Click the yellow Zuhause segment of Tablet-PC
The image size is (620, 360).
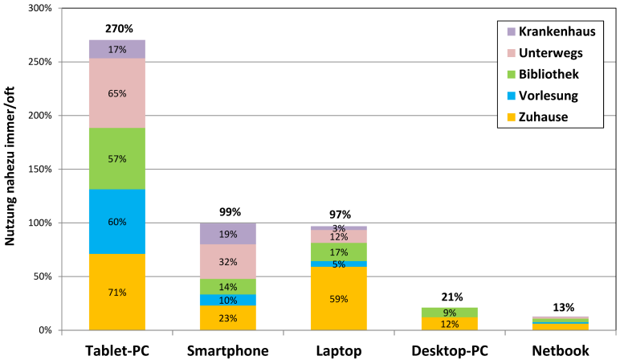pyautogui.click(x=117, y=292)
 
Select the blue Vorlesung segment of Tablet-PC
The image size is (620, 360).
pyautogui.click(x=117, y=222)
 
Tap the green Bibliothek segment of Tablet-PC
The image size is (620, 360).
pyautogui.click(x=117, y=158)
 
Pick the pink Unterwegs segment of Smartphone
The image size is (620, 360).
pyautogui.click(x=227, y=261)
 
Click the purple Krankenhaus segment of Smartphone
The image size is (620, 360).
pyautogui.click(x=227, y=234)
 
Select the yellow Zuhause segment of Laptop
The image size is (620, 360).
pyautogui.click(x=338, y=298)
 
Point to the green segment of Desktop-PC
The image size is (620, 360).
pyautogui.click(x=449, y=312)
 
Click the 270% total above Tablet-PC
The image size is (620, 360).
pyautogui.click(x=117, y=30)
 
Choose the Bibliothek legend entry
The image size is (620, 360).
pyautogui.click(x=547, y=75)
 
